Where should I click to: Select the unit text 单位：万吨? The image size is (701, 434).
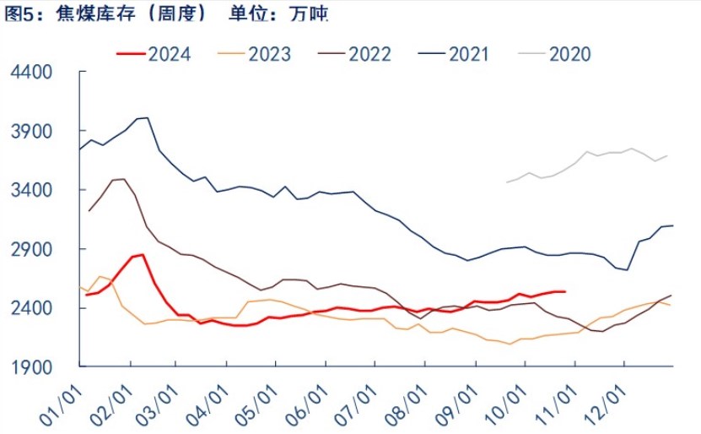click(x=278, y=14)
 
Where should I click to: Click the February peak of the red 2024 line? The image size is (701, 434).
click(x=143, y=254)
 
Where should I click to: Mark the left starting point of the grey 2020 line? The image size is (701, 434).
click(x=506, y=182)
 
